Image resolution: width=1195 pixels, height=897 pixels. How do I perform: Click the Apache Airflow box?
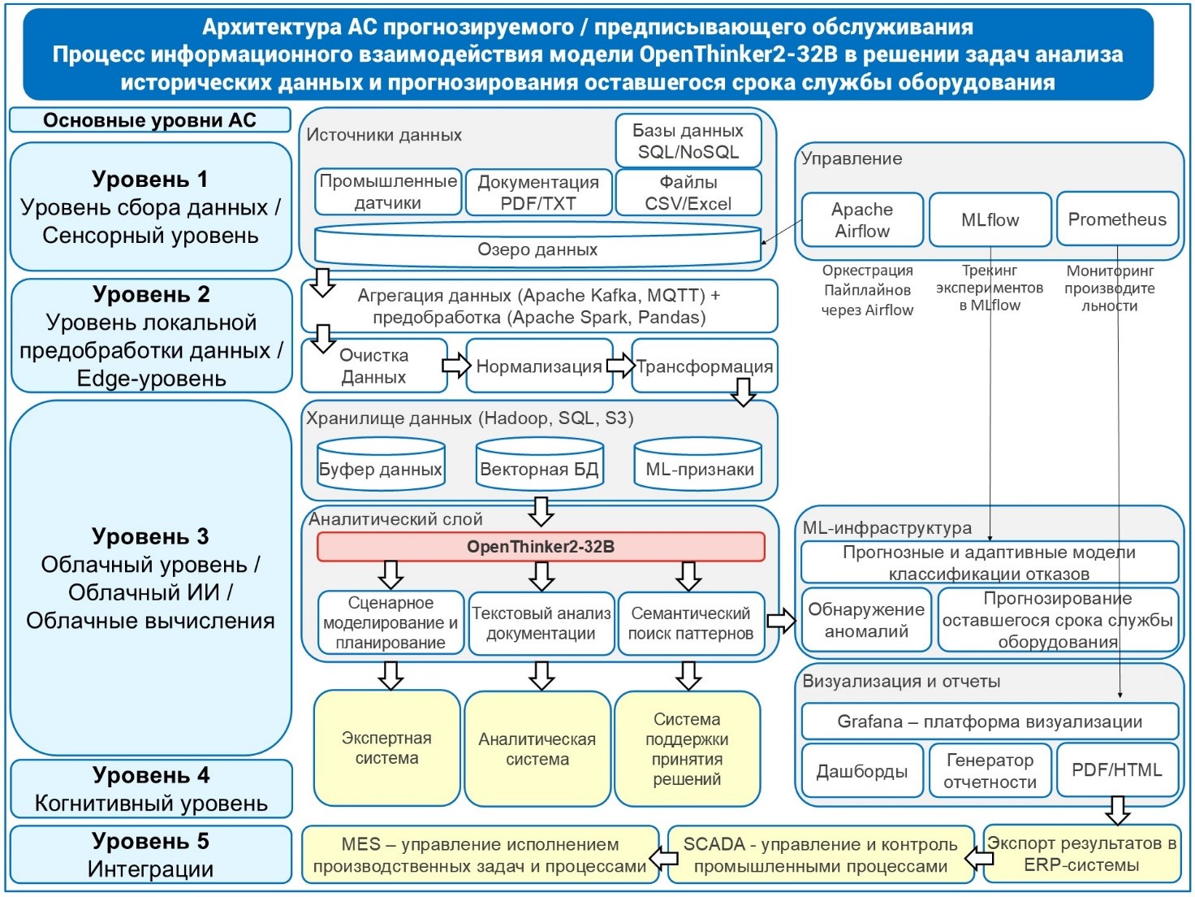(x=862, y=219)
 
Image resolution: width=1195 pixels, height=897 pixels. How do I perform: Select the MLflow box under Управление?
(x=990, y=219)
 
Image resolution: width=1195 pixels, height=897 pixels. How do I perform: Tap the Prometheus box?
(x=1117, y=219)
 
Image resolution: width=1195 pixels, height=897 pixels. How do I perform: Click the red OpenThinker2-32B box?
(x=541, y=547)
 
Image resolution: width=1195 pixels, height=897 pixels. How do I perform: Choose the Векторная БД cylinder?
(x=539, y=466)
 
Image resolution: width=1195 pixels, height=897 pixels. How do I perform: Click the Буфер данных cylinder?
(x=381, y=466)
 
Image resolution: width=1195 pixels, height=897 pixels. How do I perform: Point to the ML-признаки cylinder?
(x=698, y=466)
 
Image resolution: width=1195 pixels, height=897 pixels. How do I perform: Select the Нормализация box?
(x=539, y=366)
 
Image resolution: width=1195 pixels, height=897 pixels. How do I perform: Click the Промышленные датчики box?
(x=388, y=193)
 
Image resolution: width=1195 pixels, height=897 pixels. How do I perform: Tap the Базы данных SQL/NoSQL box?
(x=688, y=141)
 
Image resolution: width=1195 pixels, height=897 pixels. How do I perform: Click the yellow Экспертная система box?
(x=386, y=748)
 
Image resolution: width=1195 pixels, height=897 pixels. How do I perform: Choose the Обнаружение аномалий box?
(x=866, y=620)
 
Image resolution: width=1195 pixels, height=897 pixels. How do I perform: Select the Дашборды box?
(x=862, y=770)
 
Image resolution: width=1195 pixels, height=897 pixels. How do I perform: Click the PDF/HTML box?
(x=1117, y=769)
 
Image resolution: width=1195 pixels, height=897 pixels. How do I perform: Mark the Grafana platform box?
(x=990, y=721)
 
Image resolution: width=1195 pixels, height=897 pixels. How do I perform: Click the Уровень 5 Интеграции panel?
(x=150, y=855)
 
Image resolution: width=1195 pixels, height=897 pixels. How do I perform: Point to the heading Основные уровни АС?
(x=150, y=120)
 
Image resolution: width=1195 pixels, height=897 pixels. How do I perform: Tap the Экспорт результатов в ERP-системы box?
(x=1081, y=854)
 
